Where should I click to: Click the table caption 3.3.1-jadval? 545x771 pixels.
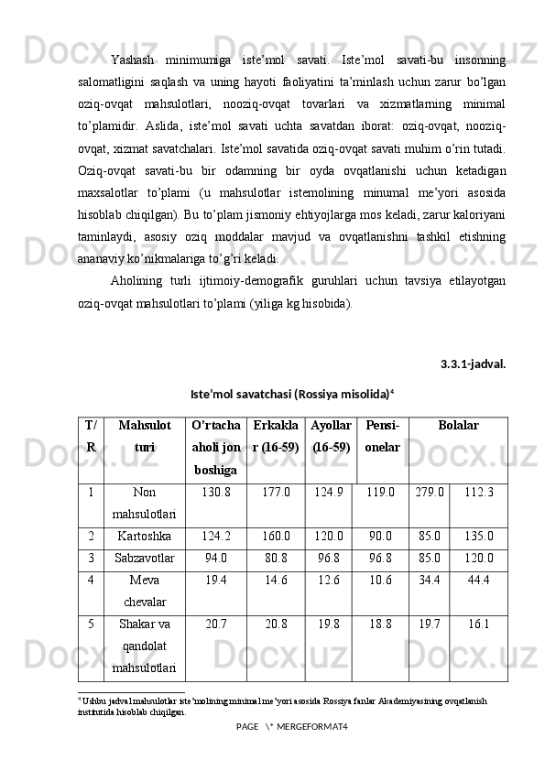coord(473,364)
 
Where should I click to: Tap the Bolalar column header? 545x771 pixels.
coord(458,426)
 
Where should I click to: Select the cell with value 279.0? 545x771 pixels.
coord(428,493)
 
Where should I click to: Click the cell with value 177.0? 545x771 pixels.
coord(276,493)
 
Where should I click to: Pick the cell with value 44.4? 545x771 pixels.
coord(478,580)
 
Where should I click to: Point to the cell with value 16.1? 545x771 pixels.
coord(478,624)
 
